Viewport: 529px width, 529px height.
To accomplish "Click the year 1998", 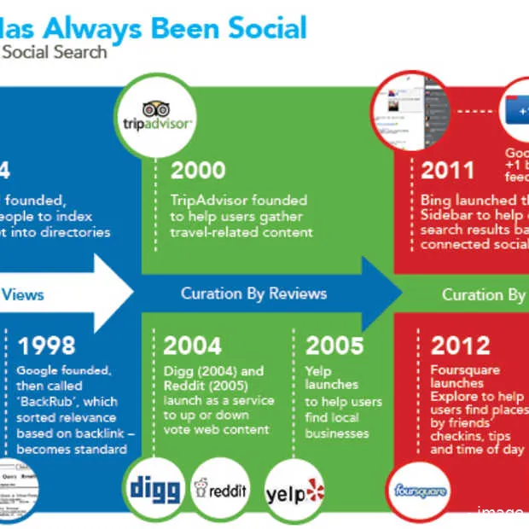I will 46,346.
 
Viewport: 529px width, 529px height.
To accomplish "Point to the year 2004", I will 192,346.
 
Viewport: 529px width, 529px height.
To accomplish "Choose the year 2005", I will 334,346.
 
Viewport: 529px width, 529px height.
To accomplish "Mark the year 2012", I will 461,346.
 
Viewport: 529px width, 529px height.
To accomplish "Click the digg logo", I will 155,489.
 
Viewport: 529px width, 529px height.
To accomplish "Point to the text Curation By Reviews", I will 253,294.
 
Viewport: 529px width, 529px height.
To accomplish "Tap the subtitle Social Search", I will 54,52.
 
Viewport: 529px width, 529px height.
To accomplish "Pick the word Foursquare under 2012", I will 465,370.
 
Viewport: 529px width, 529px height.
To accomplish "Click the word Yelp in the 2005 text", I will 319,370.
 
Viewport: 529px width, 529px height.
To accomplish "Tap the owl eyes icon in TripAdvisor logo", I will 155,109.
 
